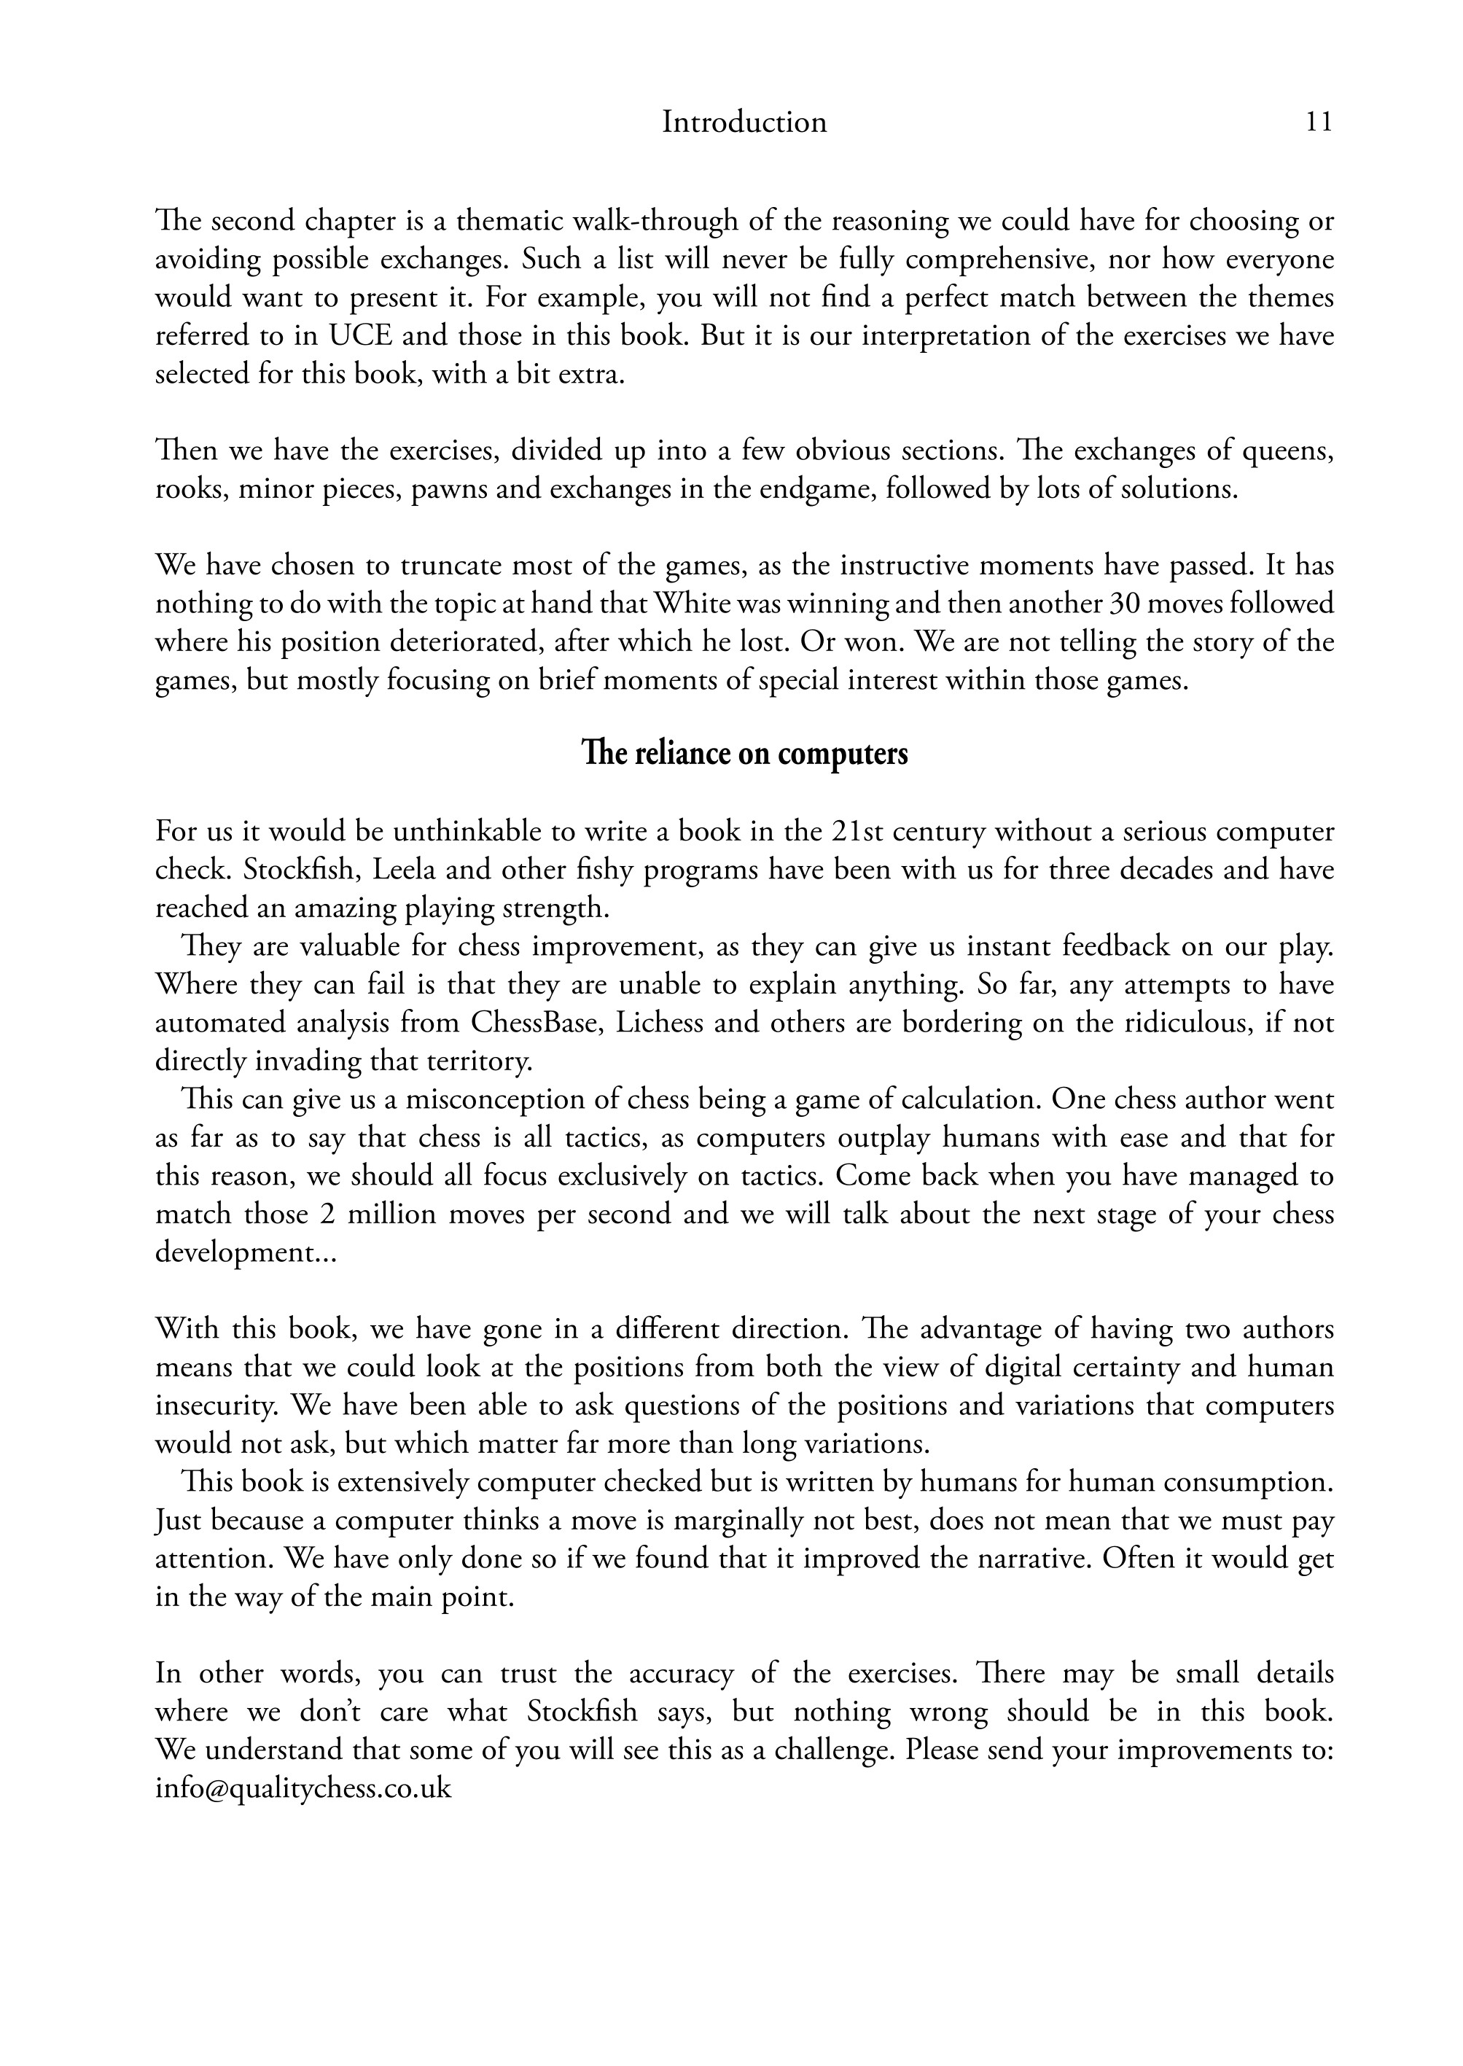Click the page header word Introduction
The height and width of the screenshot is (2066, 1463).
point(744,122)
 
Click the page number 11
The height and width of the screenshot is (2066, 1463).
point(1318,122)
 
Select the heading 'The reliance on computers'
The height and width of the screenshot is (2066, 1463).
point(744,753)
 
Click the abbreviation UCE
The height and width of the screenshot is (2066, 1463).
point(359,336)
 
